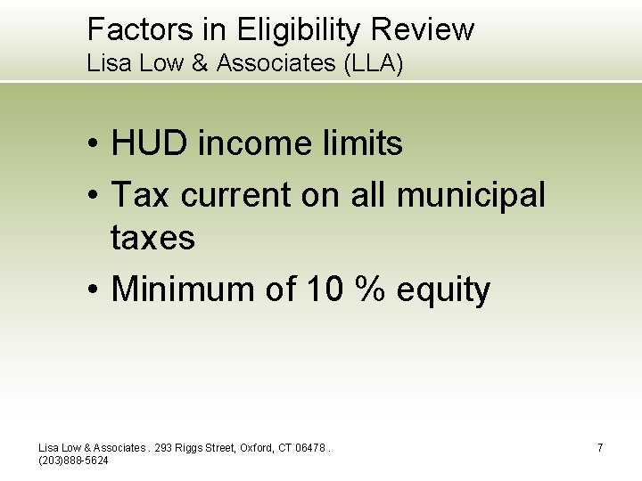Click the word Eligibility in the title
[300, 30]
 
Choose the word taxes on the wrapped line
[152, 238]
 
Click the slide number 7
[600, 447]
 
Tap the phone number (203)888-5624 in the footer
[74, 460]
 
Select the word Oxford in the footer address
[258, 447]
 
